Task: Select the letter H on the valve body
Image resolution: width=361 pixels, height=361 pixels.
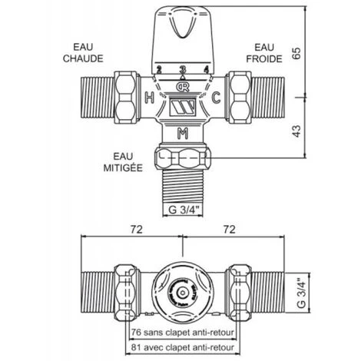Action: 149,97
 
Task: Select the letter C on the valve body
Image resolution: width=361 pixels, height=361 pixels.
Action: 216,97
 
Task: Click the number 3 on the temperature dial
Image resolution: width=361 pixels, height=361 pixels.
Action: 182,70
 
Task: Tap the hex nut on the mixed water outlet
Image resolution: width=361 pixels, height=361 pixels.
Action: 182,160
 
